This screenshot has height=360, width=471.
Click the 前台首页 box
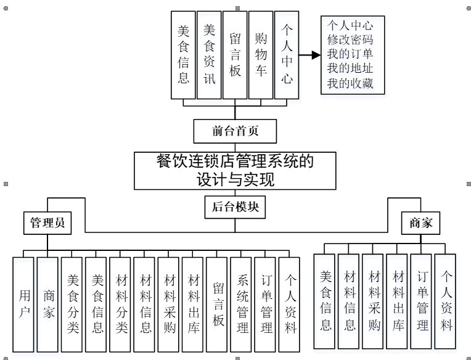coord(235,131)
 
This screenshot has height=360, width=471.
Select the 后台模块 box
coord(235,207)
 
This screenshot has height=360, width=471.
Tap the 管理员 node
coord(47,223)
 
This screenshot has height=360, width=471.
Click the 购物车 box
coord(261,54)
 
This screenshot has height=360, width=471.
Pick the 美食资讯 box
coord(209,54)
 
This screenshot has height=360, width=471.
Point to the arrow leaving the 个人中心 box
coord(310,55)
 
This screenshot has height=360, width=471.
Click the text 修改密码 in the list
coord(351,39)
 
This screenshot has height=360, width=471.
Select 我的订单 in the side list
coord(351,54)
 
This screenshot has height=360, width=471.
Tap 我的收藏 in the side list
coord(351,83)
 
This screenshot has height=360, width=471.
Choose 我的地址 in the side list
coord(351,68)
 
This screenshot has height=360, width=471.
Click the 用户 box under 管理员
coord(23,304)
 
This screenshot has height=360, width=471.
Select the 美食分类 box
coord(72,304)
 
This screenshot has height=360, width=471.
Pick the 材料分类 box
coord(120,304)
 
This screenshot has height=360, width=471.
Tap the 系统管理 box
coord(241,304)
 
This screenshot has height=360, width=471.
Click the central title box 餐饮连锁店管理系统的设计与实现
coord(235,170)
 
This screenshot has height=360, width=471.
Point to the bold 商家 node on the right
coord(421,223)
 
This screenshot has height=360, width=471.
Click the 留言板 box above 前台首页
coord(235,54)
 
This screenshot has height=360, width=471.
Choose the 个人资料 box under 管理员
coord(289,304)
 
